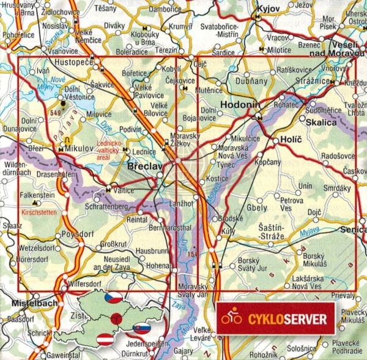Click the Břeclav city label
click(145, 167)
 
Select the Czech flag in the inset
click(113, 298)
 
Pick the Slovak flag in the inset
click(141, 328)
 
